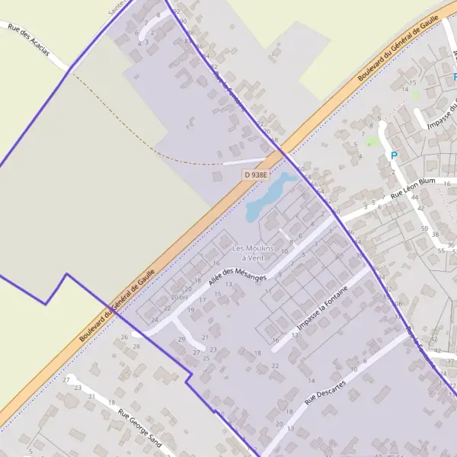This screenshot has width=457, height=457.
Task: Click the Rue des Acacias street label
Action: point(28,42)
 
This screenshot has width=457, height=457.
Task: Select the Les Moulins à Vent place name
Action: point(250,253)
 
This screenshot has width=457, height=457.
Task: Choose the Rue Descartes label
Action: point(325,390)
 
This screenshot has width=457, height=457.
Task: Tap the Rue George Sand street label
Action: point(140,429)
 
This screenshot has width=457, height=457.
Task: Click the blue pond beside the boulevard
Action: point(270,193)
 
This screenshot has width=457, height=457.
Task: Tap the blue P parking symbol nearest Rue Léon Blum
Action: point(394,155)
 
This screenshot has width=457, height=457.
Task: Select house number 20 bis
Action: point(180,297)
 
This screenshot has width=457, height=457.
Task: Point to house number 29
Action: point(181,340)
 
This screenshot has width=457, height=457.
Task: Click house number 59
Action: point(423,228)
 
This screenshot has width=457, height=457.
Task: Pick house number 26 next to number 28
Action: point(124,337)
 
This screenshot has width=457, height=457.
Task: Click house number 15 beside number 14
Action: point(413,81)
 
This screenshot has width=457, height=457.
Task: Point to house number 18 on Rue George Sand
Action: point(111,402)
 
